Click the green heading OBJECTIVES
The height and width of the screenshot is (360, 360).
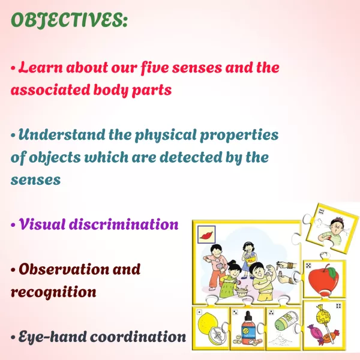(69, 20)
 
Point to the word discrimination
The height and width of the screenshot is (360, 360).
(124, 224)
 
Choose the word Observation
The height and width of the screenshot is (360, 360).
(64, 269)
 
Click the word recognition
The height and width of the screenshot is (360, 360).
(53, 292)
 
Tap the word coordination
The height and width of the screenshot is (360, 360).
(138, 337)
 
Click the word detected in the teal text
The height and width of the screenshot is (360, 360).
(191, 157)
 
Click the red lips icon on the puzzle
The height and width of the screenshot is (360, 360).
(206, 235)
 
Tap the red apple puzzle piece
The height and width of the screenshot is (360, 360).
(323, 280)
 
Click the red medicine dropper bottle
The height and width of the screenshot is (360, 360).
(248, 325)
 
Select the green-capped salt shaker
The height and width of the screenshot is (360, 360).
(286, 322)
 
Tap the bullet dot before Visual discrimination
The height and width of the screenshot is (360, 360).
(13, 225)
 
